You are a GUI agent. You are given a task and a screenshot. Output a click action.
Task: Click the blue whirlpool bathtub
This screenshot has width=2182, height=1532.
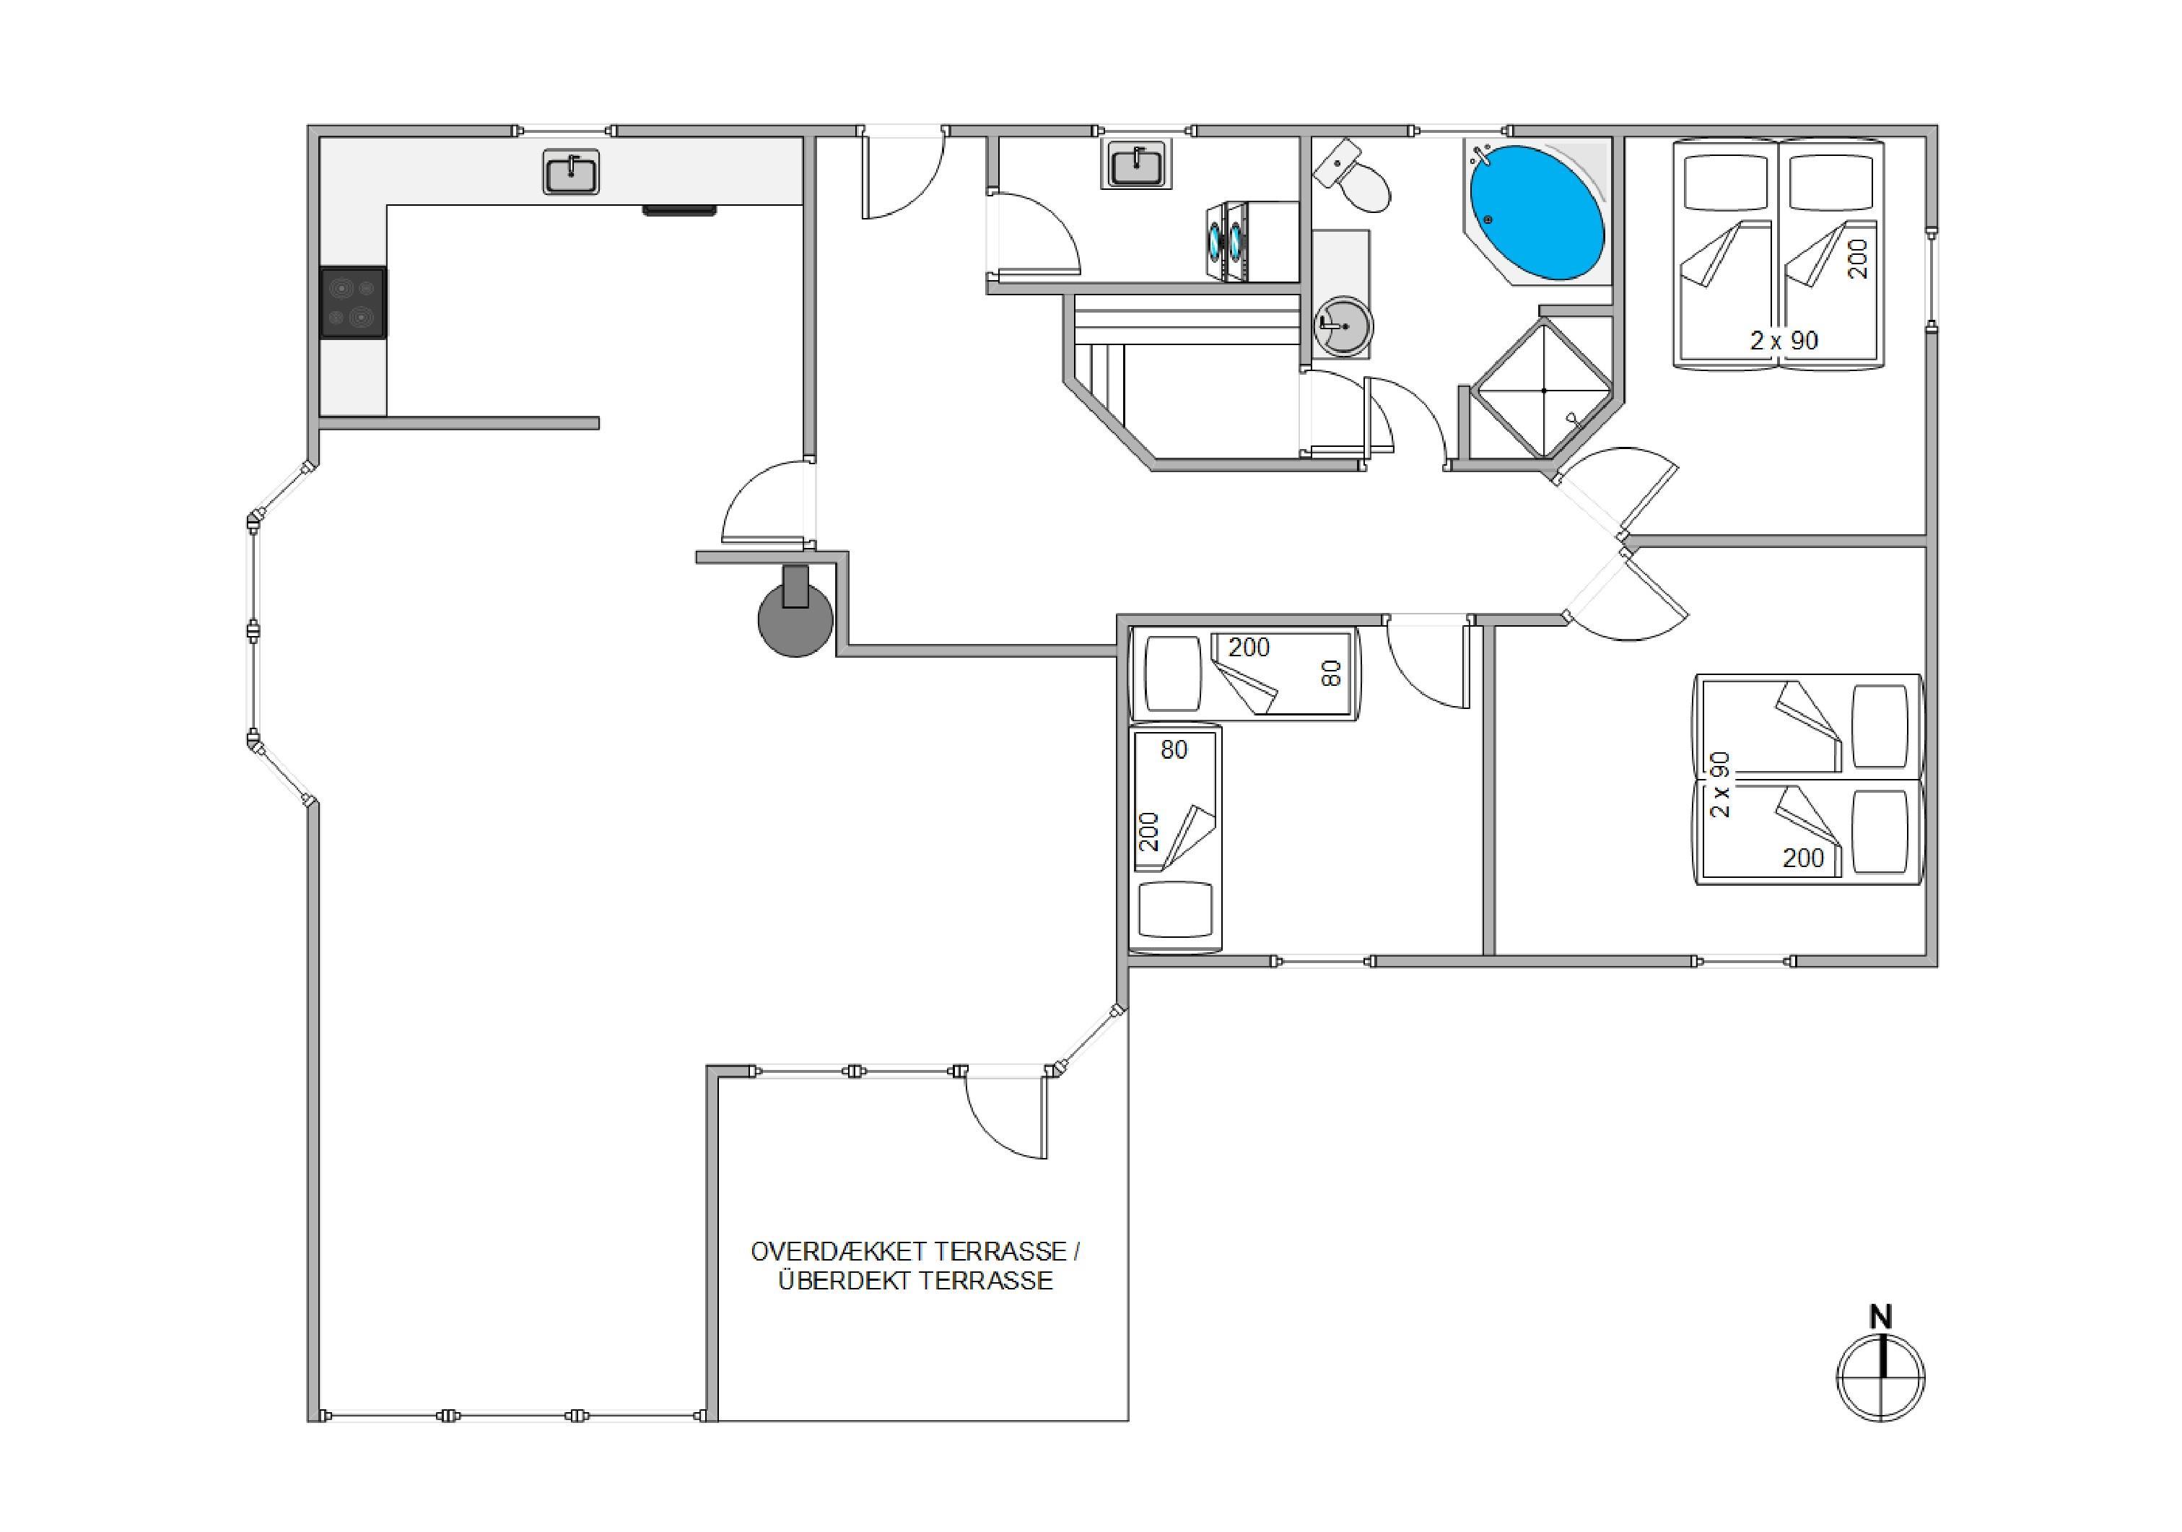click(1537, 212)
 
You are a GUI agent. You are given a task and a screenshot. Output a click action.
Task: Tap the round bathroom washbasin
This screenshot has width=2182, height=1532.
click(1342, 326)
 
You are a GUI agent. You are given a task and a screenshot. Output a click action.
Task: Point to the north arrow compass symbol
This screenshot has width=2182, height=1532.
click(1881, 1377)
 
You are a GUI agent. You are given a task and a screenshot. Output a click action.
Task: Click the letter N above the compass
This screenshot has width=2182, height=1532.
click(1881, 1316)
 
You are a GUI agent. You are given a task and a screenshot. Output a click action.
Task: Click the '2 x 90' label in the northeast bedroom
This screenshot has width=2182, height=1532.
click(1784, 340)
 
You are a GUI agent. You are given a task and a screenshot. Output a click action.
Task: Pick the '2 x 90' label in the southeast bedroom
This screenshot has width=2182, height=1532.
click(1720, 785)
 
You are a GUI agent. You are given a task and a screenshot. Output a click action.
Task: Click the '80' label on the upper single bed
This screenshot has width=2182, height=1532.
click(1332, 673)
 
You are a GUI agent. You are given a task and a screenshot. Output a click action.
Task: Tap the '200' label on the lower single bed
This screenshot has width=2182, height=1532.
click(1149, 832)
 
